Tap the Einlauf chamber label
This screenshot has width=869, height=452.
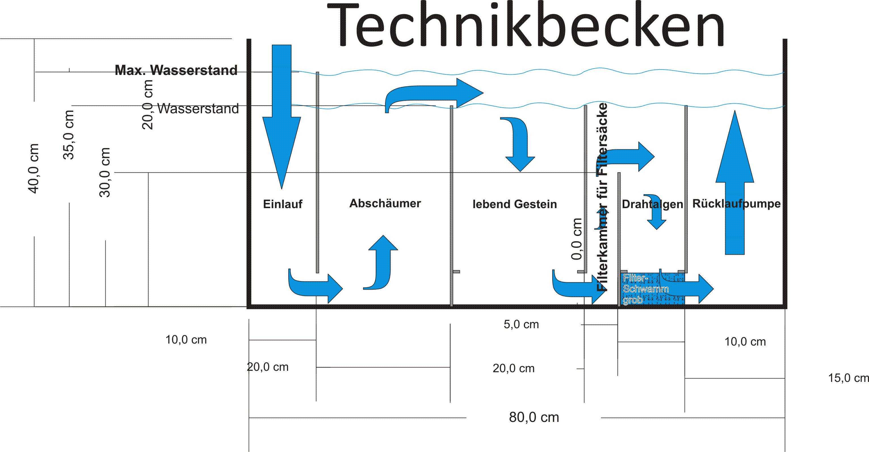tap(282, 204)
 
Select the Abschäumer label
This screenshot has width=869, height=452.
tap(385, 203)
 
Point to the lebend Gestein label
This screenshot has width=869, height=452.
tap(515, 204)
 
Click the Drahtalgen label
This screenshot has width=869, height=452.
tap(652, 204)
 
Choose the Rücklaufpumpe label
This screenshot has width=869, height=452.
tap(736, 204)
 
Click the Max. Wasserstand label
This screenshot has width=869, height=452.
tap(176, 70)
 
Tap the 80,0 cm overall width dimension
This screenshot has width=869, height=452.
tap(534, 418)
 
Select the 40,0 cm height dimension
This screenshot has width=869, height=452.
tap(34, 168)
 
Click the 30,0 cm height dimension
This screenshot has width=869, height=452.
tap(105, 172)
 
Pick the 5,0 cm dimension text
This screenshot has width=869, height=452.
tap(521, 325)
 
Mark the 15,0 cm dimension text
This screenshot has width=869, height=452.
tap(848, 378)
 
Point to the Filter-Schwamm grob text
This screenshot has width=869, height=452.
tap(645, 289)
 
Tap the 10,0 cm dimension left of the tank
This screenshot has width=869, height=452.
tap(186, 340)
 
